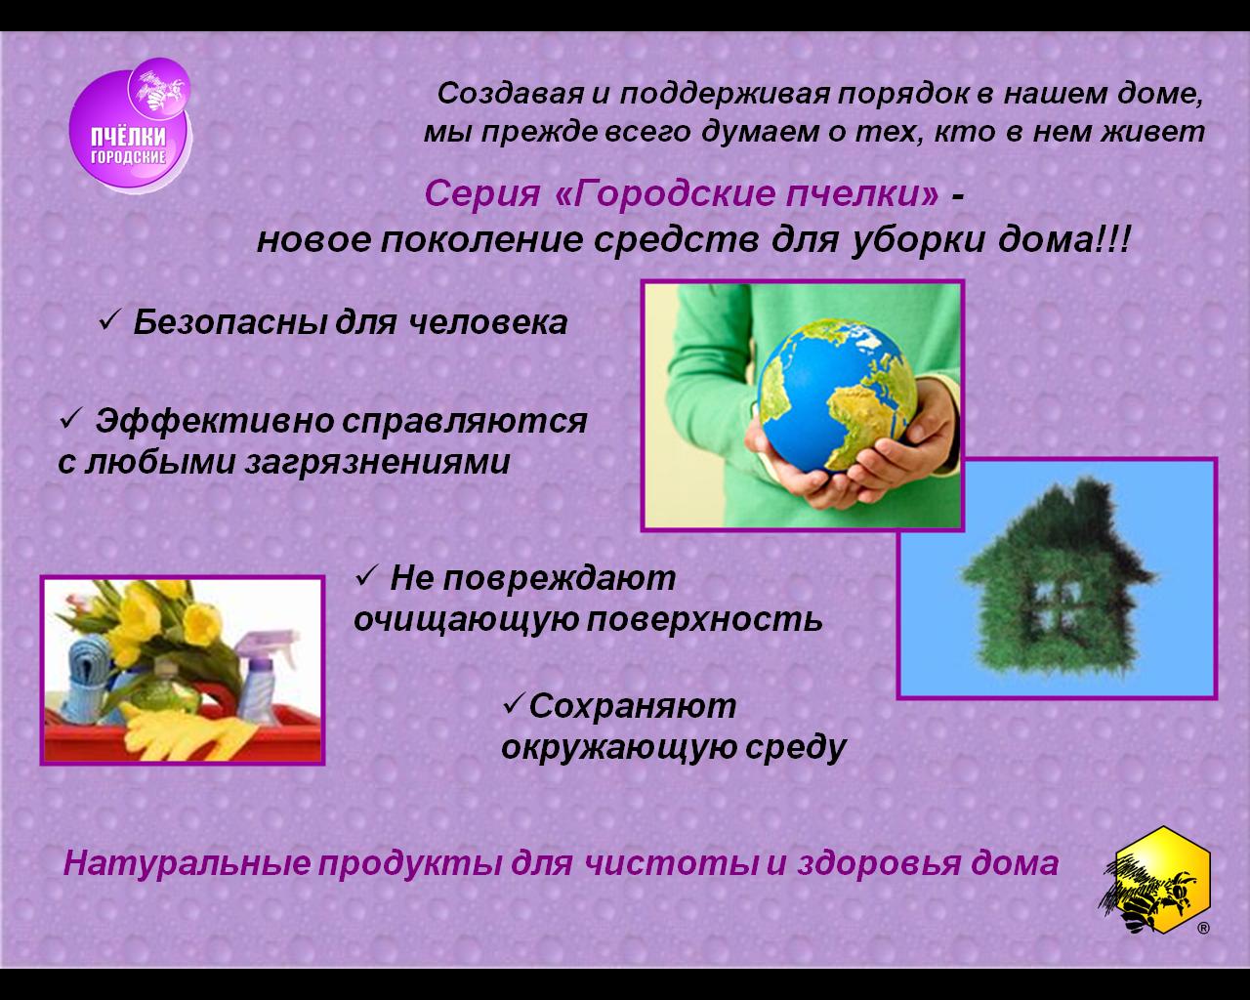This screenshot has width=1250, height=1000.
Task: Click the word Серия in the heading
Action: [482, 193]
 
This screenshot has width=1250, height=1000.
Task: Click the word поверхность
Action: [704, 620]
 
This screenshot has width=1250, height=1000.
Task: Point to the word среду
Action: [795, 747]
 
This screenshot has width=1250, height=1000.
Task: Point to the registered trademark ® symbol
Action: [1204, 929]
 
